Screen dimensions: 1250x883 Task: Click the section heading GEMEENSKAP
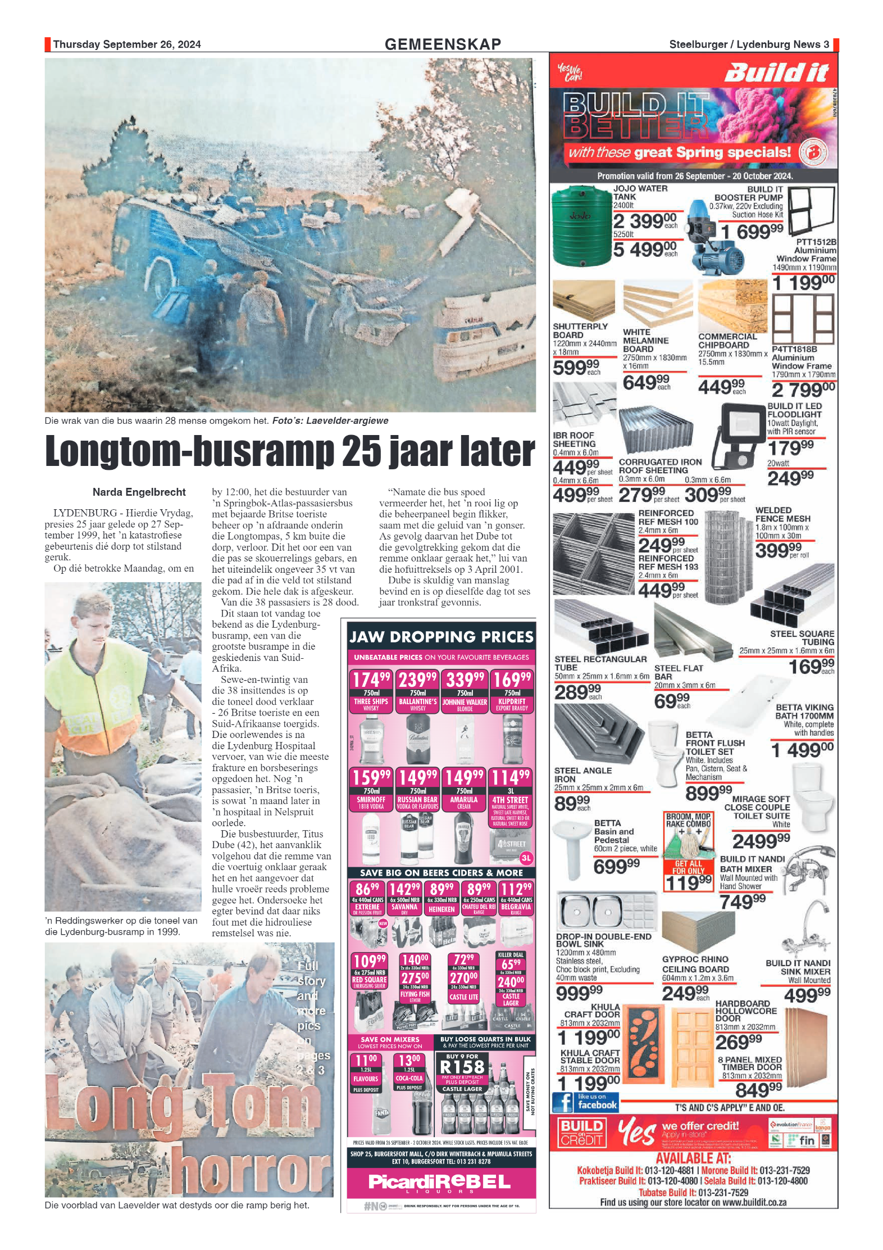click(442, 44)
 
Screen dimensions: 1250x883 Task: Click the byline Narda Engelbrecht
click(139, 492)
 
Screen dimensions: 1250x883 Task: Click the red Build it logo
click(776, 73)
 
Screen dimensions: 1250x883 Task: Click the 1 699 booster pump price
click(752, 231)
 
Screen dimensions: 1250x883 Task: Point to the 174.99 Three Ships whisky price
click(371, 680)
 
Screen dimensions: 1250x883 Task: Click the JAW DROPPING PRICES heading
click(441, 637)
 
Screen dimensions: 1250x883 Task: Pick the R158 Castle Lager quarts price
click(462, 1066)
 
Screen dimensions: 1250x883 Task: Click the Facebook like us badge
click(585, 1102)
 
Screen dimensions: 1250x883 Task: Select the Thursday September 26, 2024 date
click(127, 44)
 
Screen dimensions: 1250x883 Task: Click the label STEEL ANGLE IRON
click(582, 775)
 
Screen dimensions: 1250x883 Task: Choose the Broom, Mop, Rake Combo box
click(688, 852)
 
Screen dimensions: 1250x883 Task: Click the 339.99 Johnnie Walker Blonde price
click(465, 680)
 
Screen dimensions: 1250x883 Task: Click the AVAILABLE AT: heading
click(693, 1158)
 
